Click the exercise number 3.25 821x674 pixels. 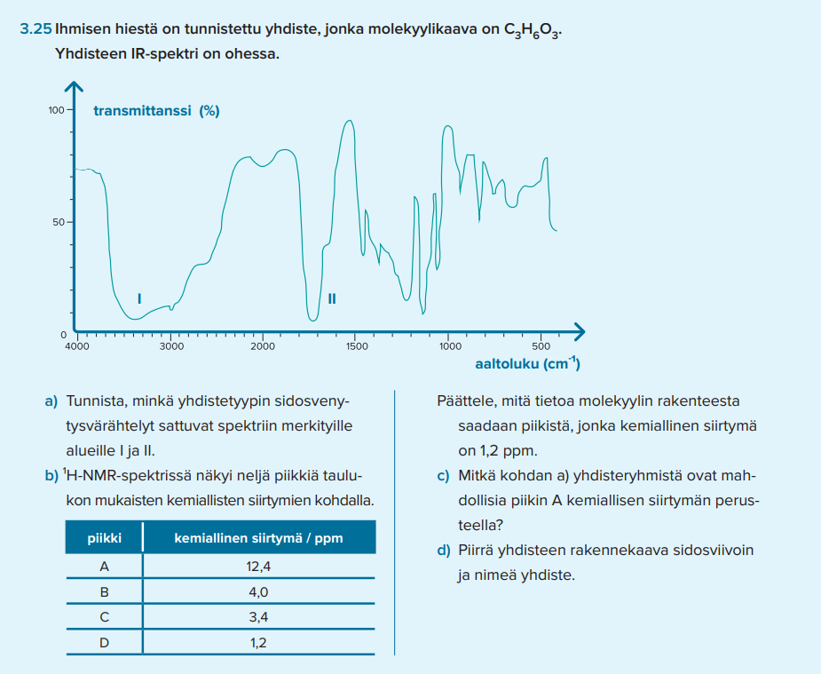click(36, 29)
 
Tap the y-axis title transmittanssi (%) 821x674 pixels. click(156, 111)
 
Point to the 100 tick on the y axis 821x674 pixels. click(56, 110)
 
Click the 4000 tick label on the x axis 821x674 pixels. click(77, 346)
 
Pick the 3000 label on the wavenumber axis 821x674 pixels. click(171, 346)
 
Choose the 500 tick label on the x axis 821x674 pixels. click(541, 346)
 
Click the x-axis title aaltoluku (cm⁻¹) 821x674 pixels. click(526, 364)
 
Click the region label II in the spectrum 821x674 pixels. click(332, 298)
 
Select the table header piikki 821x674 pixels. click(104, 538)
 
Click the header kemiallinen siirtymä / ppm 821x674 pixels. click(258, 538)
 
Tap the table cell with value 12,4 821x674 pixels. click(258, 566)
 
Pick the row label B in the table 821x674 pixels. click(104, 591)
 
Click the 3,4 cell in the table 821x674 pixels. click(258, 617)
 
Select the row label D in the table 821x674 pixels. click(104, 643)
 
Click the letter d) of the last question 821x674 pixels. click(444, 551)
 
